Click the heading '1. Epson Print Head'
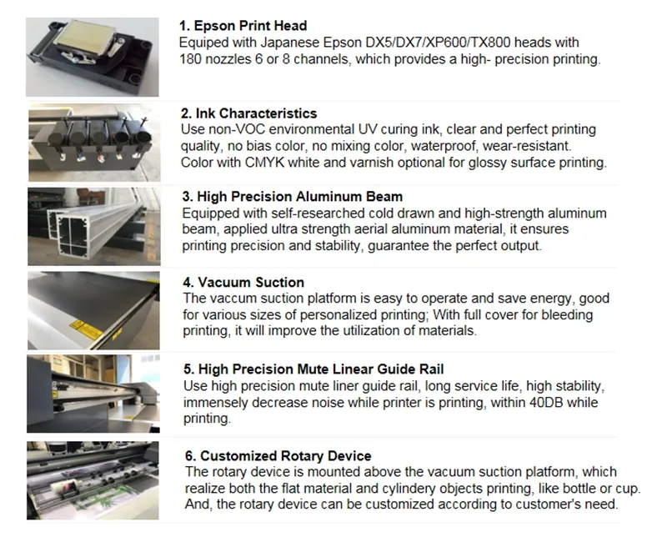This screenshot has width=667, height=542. pyautogui.click(x=244, y=26)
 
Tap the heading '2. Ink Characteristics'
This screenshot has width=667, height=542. pyautogui.click(x=249, y=113)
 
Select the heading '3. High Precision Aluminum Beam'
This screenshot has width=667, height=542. pyautogui.click(x=292, y=198)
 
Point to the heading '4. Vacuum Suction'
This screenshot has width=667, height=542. pyautogui.click(x=243, y=283)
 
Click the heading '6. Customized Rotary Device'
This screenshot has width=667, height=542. pyautogui.click(x=276, y=456)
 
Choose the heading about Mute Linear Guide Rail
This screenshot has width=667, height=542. pyautogui.click(x=313, y=369)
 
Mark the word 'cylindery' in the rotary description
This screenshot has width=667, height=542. pyautogui.click(x=437, y=489)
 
